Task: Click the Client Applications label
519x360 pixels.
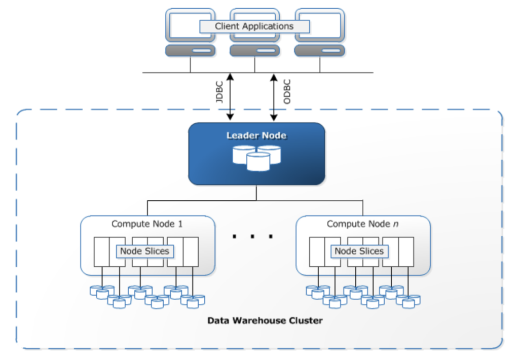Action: click(254, 26)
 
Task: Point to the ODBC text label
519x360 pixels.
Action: click(287, 91)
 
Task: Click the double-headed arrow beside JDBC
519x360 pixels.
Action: click(230, 96)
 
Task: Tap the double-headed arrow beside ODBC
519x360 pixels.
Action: click(274, 96)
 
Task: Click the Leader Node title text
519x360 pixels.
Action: click(256, 136)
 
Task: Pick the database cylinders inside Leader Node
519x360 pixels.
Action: click(256, 157)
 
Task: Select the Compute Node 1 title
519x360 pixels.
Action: click(147, 224)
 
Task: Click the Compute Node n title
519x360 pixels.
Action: click(362, 224)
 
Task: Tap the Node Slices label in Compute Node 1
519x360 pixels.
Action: click(144, 251)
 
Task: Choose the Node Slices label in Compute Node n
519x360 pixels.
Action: click(359, 251)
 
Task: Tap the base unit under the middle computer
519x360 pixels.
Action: click(255, 51)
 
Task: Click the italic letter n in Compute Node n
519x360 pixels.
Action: click(395, 224)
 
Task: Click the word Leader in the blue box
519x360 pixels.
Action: click(240, 136)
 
